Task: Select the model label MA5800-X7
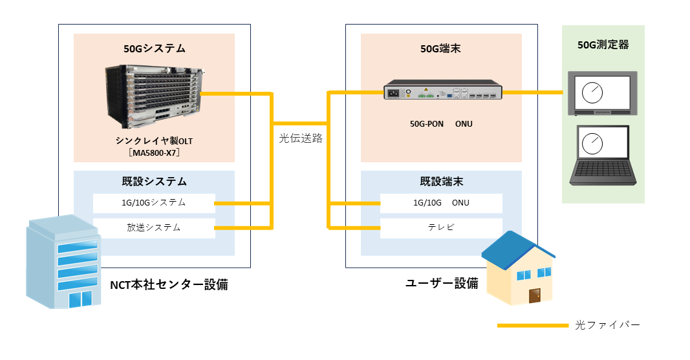point(154,153)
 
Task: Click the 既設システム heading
point(154,182)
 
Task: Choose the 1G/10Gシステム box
point(154,203)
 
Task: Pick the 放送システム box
point(154,228)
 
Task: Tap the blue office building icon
point(62,262)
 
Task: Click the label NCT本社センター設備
point(169,284)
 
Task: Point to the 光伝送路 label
point(301,138)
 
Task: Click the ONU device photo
point(443,92)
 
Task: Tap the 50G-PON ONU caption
point(440,123)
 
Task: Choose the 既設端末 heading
point(440,182)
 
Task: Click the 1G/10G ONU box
point(440,203)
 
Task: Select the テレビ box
point(440,228)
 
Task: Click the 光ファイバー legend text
point(607,325)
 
